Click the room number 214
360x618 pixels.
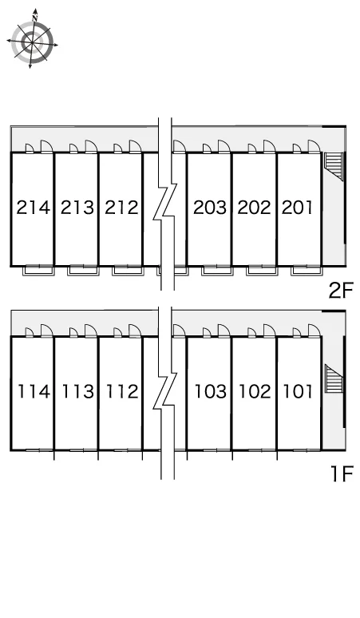click(34, 208)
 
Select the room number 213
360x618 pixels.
click(77, 208)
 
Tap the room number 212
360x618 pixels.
click(121, 208)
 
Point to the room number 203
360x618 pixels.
click(210, 208)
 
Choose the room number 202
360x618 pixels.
click(255, 208)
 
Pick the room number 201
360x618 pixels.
click(297, 208)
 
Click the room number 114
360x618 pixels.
click(34, 391)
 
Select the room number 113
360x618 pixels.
click(78, 391)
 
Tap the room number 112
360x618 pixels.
click(122, 391)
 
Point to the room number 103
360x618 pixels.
click(211, 391)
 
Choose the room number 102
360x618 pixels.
click(255, 391)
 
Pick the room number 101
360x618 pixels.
click(298, 391)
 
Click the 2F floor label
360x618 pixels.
click(341, 291)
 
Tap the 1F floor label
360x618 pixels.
click(342, 473)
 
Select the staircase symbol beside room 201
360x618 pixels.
click(333, 164)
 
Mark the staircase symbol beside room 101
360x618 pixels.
click(334, 378)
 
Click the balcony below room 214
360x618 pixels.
click(38, 271)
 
